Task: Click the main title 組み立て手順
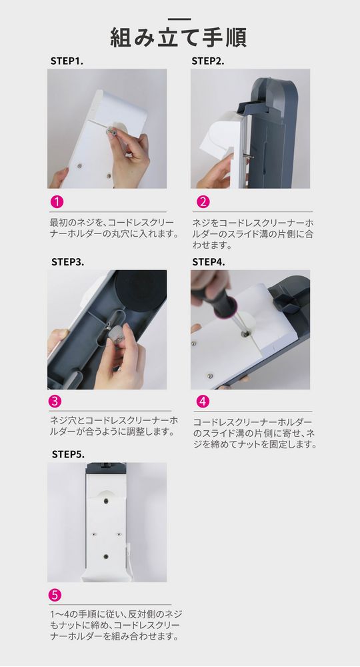point(179,37)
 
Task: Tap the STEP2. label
point(208,61)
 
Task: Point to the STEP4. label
point(209,261)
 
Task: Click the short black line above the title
point(179,20)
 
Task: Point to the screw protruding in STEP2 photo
point(248,155)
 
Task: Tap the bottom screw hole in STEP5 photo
point(107,554)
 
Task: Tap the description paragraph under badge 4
point(253,434)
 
